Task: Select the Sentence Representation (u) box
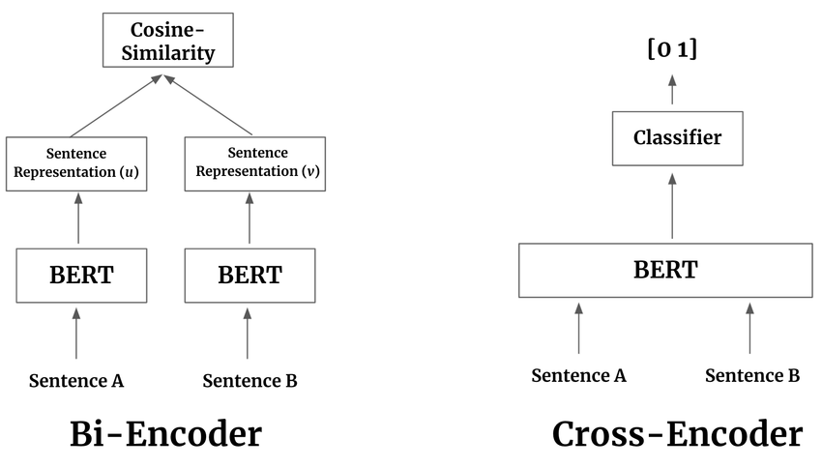click(77, 163)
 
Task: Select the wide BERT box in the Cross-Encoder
click(665, 270)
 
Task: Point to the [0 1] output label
click(672, 49)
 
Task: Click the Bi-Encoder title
click(165, 434)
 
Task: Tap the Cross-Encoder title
click(676, 434)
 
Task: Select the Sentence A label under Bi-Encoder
click(76, 381)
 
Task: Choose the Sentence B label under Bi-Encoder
click(250, 381)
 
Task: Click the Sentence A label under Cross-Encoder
click(578, 375)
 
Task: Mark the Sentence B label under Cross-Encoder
click(751, 375)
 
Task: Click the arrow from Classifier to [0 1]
click(672, 91)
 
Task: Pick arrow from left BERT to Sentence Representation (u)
click(78, 218)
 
